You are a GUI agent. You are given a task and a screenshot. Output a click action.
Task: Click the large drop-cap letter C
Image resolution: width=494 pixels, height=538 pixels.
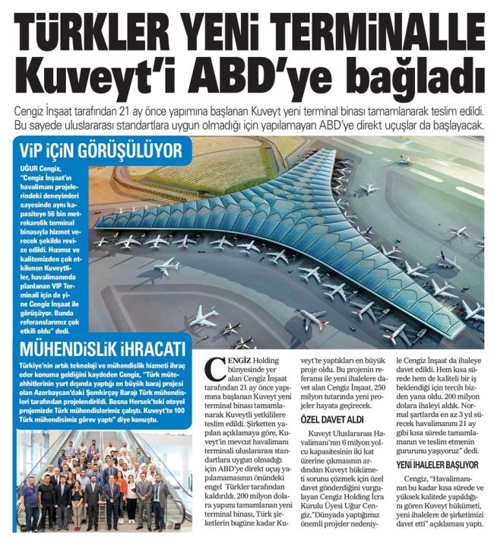(x=216, y=370)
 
